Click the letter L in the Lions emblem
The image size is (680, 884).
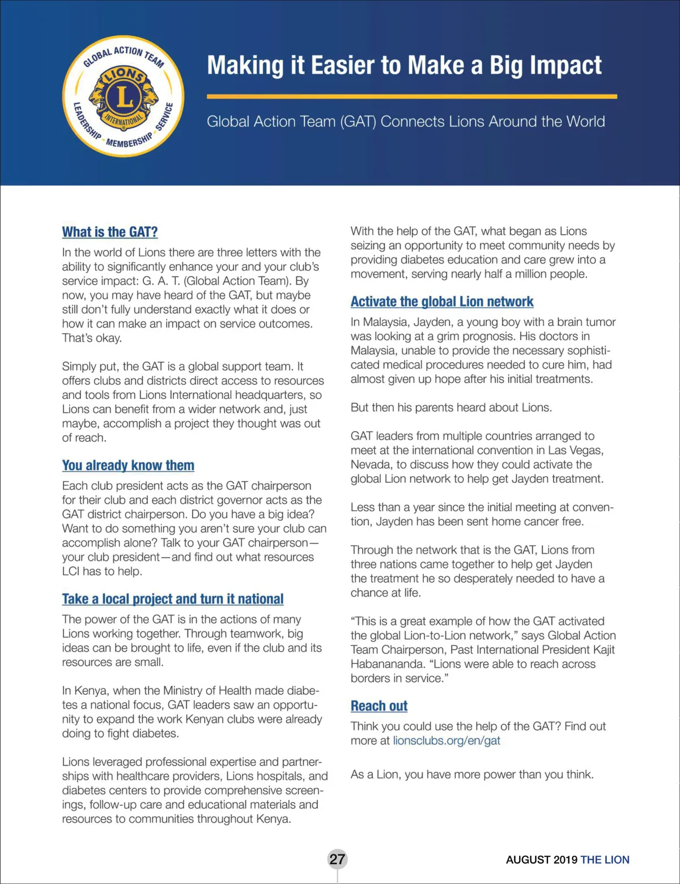click(124, 96)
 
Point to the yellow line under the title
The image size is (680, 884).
click(411, 97)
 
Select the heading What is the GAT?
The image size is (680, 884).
click(110, 232)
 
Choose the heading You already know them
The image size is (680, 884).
click(128, 465)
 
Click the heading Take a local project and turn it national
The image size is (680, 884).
click(173, 599)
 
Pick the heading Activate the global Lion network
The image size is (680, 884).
click(442, 301)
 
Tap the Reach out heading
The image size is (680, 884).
click(379, 705)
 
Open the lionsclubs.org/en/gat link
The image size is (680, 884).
click(447, 741)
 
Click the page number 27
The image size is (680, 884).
click(337, 859)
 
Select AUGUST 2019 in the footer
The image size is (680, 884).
click(541, 860)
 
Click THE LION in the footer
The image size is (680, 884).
click(605, 860)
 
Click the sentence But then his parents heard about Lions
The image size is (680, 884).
click(451, 407)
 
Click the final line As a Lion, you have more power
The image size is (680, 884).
click(472, 774)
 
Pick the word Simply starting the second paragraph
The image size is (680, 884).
click(79, 367)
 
